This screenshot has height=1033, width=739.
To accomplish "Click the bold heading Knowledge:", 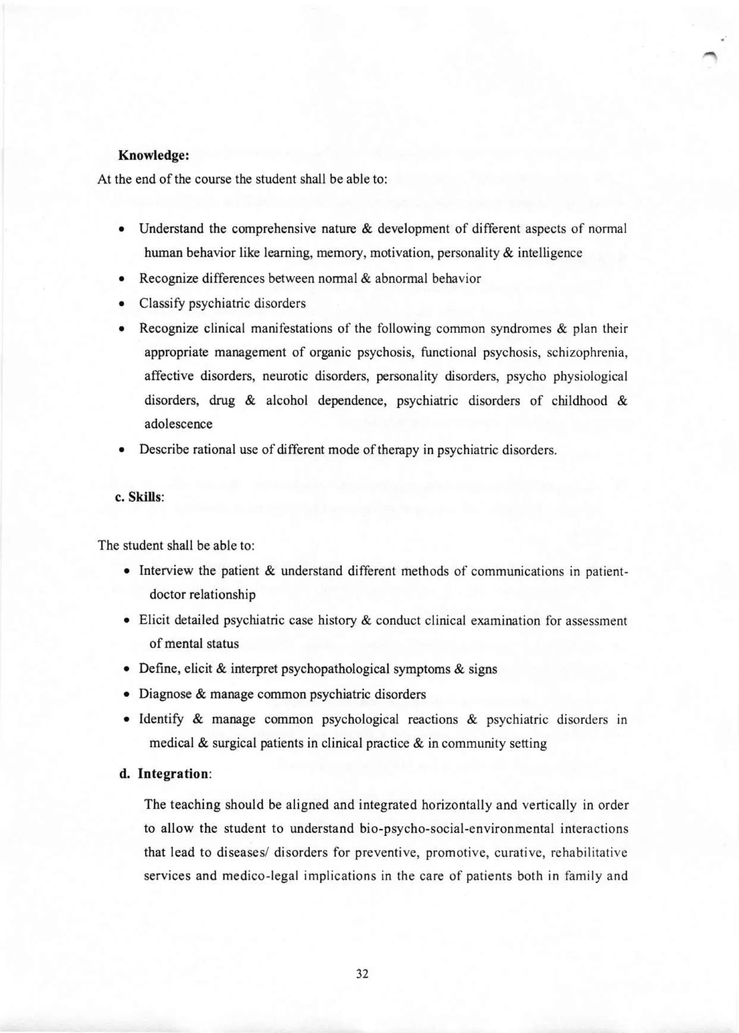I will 153,156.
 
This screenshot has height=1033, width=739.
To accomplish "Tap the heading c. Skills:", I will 139,498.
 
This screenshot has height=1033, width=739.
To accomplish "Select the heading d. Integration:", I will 165,774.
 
